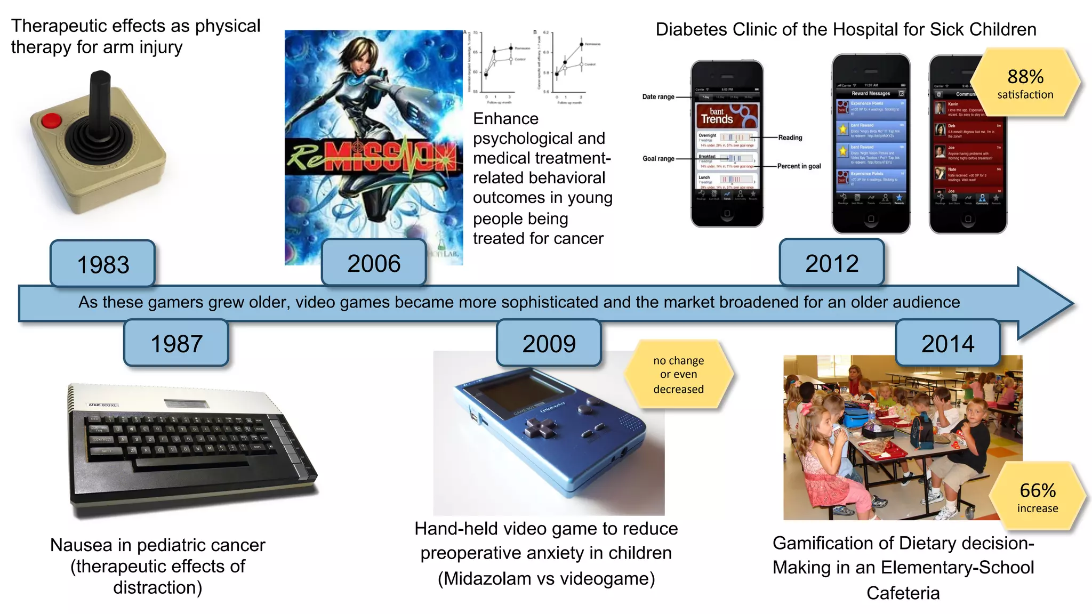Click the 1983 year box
[x=103, y=264]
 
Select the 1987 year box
[x=176, y=343]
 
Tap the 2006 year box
[x=374, y=263]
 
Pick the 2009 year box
[x=549, y=343]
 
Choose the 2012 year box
[x=831, y=263]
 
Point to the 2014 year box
[x=948, y=343]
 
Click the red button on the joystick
[x=51, y=120]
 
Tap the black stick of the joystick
[x=100, y=101]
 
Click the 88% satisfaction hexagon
[x=1025, y=83]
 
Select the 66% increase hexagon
[x=1037, y=496]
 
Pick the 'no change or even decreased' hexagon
[x=678, y=375]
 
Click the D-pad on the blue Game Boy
[x=539, y=426]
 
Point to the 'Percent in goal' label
[x=799, y=166]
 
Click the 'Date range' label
[x=658, y=97]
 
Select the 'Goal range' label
[x=658, y=159]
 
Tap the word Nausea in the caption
[x=81, y=545]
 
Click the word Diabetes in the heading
[x=690, y=30]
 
